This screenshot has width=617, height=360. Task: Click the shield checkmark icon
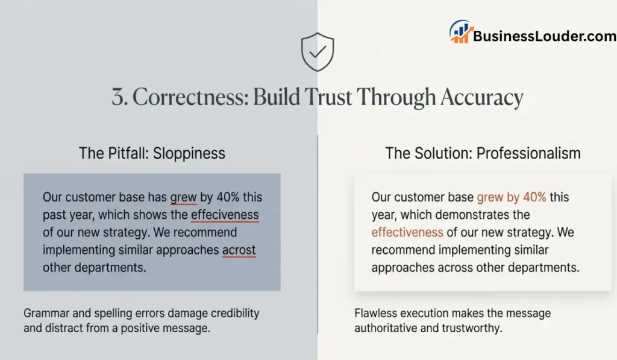point(317,52)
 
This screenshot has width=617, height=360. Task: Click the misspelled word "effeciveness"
point(225,215)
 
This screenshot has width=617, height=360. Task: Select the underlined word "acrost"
point(239,250)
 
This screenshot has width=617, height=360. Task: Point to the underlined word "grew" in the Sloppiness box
point(184,197)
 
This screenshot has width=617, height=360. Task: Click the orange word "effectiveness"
point(407,232)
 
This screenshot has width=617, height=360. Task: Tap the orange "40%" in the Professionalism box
point(534,197)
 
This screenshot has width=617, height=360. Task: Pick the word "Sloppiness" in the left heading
point(189,153)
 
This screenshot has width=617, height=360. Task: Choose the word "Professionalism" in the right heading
point(528,153)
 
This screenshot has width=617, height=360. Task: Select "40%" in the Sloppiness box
point(216,197)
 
